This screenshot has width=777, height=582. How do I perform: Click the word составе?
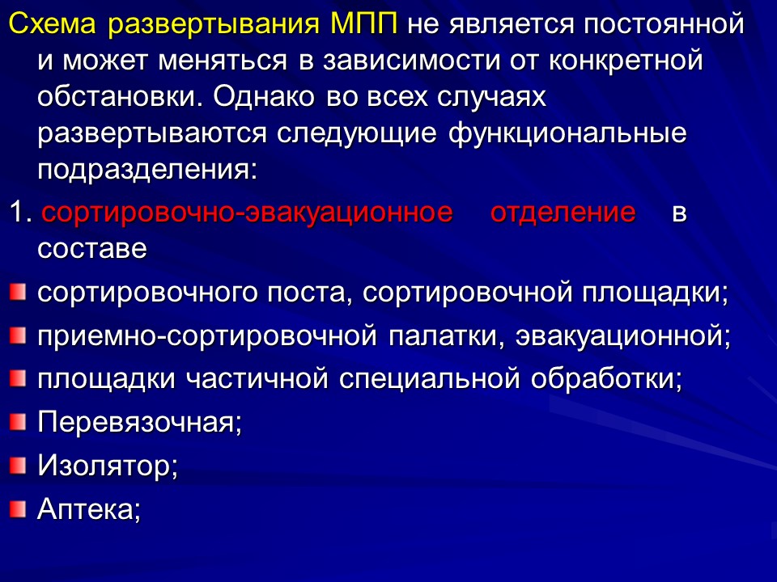(x=92, y=249)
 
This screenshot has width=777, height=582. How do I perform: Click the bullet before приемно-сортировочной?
(x=18, y=333)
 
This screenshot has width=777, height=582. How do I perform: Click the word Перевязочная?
(x=140, y=422)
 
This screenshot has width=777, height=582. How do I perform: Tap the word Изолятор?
(x=108, y=466)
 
